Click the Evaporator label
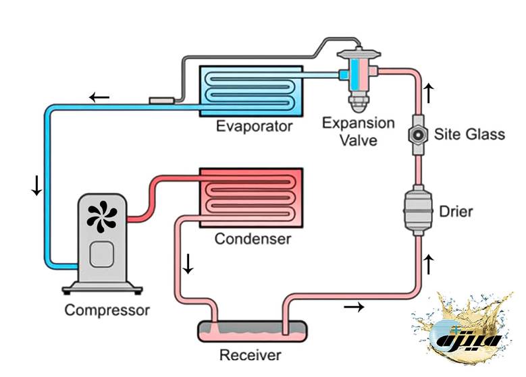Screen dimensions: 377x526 point(254,126)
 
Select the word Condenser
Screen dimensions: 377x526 point(253,239)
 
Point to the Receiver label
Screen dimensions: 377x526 point(251,355)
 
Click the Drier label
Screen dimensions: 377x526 point(456,212)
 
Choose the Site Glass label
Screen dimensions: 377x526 point(469,134)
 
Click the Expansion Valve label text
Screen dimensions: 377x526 point(359,132)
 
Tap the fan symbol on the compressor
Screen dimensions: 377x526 point(102,216)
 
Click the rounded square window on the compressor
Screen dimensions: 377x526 point(102,254)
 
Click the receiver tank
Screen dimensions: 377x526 point(251,331)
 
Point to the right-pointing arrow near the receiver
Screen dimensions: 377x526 point(354,308)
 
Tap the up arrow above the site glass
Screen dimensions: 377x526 point(427,90)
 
